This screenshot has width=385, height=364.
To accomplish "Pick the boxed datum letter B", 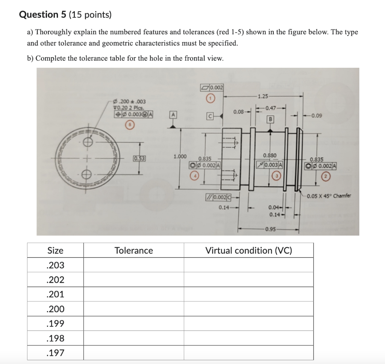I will (270, 120).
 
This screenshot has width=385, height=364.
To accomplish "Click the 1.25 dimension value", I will (263, 96).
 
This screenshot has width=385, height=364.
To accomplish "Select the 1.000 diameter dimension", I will (180, 156).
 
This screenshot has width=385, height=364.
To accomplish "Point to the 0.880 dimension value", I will (270, 155).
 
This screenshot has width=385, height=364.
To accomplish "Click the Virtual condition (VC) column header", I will (249, 250).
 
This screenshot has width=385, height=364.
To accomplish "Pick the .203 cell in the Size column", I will (55, 265).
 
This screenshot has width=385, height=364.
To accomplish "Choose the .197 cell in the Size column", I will (55, 353).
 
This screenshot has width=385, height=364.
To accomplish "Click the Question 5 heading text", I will (65, 15).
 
